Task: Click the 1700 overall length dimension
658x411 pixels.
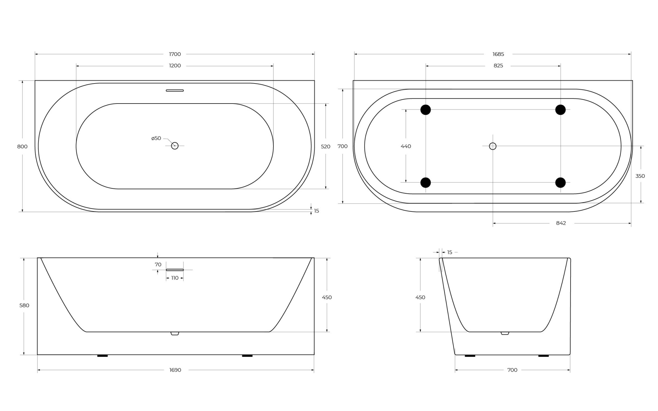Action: (175, 54)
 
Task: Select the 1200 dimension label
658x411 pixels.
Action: (175, 66)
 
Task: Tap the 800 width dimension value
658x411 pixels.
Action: (22, 147)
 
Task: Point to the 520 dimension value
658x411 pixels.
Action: (325, 147)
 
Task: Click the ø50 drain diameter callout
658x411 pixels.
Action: (156, 138)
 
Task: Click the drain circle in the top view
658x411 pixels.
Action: (175, 146)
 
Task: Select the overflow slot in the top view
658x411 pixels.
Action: (175, 90)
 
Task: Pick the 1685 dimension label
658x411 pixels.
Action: (498, 54)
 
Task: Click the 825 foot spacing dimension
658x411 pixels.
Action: (498, 66)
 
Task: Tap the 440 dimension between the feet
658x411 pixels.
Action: (406, 146)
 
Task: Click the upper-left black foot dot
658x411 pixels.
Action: (425, 110)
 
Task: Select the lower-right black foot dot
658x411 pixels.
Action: (560, 182)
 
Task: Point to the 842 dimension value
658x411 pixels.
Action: (561, 223)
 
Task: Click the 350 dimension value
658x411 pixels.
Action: (640, 176)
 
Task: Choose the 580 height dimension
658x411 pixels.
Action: (24, 305)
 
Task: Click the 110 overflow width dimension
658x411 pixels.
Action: (175, 278)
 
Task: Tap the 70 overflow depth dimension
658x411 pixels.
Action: (158, 265)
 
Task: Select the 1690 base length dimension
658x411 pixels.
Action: (175, 370)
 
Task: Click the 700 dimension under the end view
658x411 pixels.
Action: (512, 370)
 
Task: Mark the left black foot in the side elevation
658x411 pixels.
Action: (102, 356)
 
